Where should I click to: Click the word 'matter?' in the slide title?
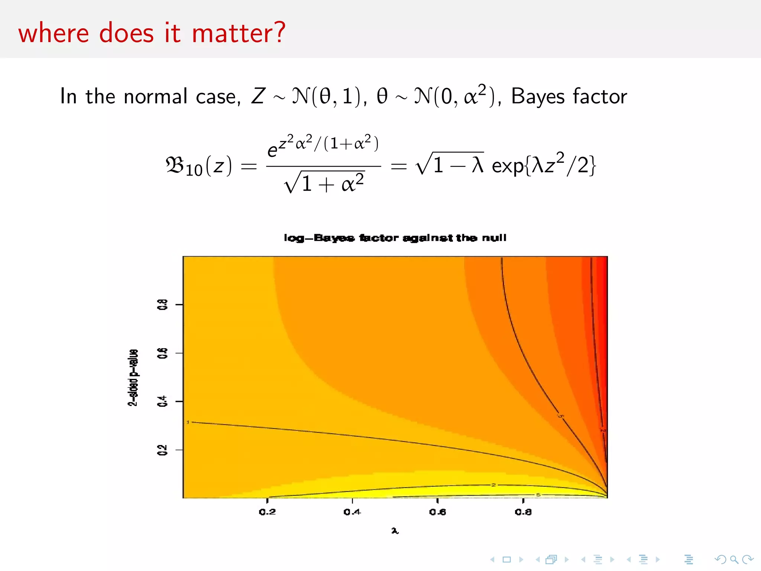pos(239,33)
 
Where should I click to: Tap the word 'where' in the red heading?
pos(54,33)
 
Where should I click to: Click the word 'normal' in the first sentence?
pos(156,96)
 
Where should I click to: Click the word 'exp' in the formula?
pos(508,165)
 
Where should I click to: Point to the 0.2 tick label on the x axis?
pos(267,512)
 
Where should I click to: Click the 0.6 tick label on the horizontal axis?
pos(437,512)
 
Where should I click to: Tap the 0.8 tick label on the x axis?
pos(523,512)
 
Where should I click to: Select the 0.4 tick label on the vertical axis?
pos(162,401)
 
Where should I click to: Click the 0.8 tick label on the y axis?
pos(162,304)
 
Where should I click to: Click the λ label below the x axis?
pos(395,530)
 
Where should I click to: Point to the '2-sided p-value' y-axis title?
pos(133,377)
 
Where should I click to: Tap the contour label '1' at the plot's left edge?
pos(188,422)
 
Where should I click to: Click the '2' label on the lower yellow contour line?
pos(493,485)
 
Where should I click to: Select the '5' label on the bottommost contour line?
pos(538,495)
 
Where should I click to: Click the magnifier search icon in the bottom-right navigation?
pos(734,559)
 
